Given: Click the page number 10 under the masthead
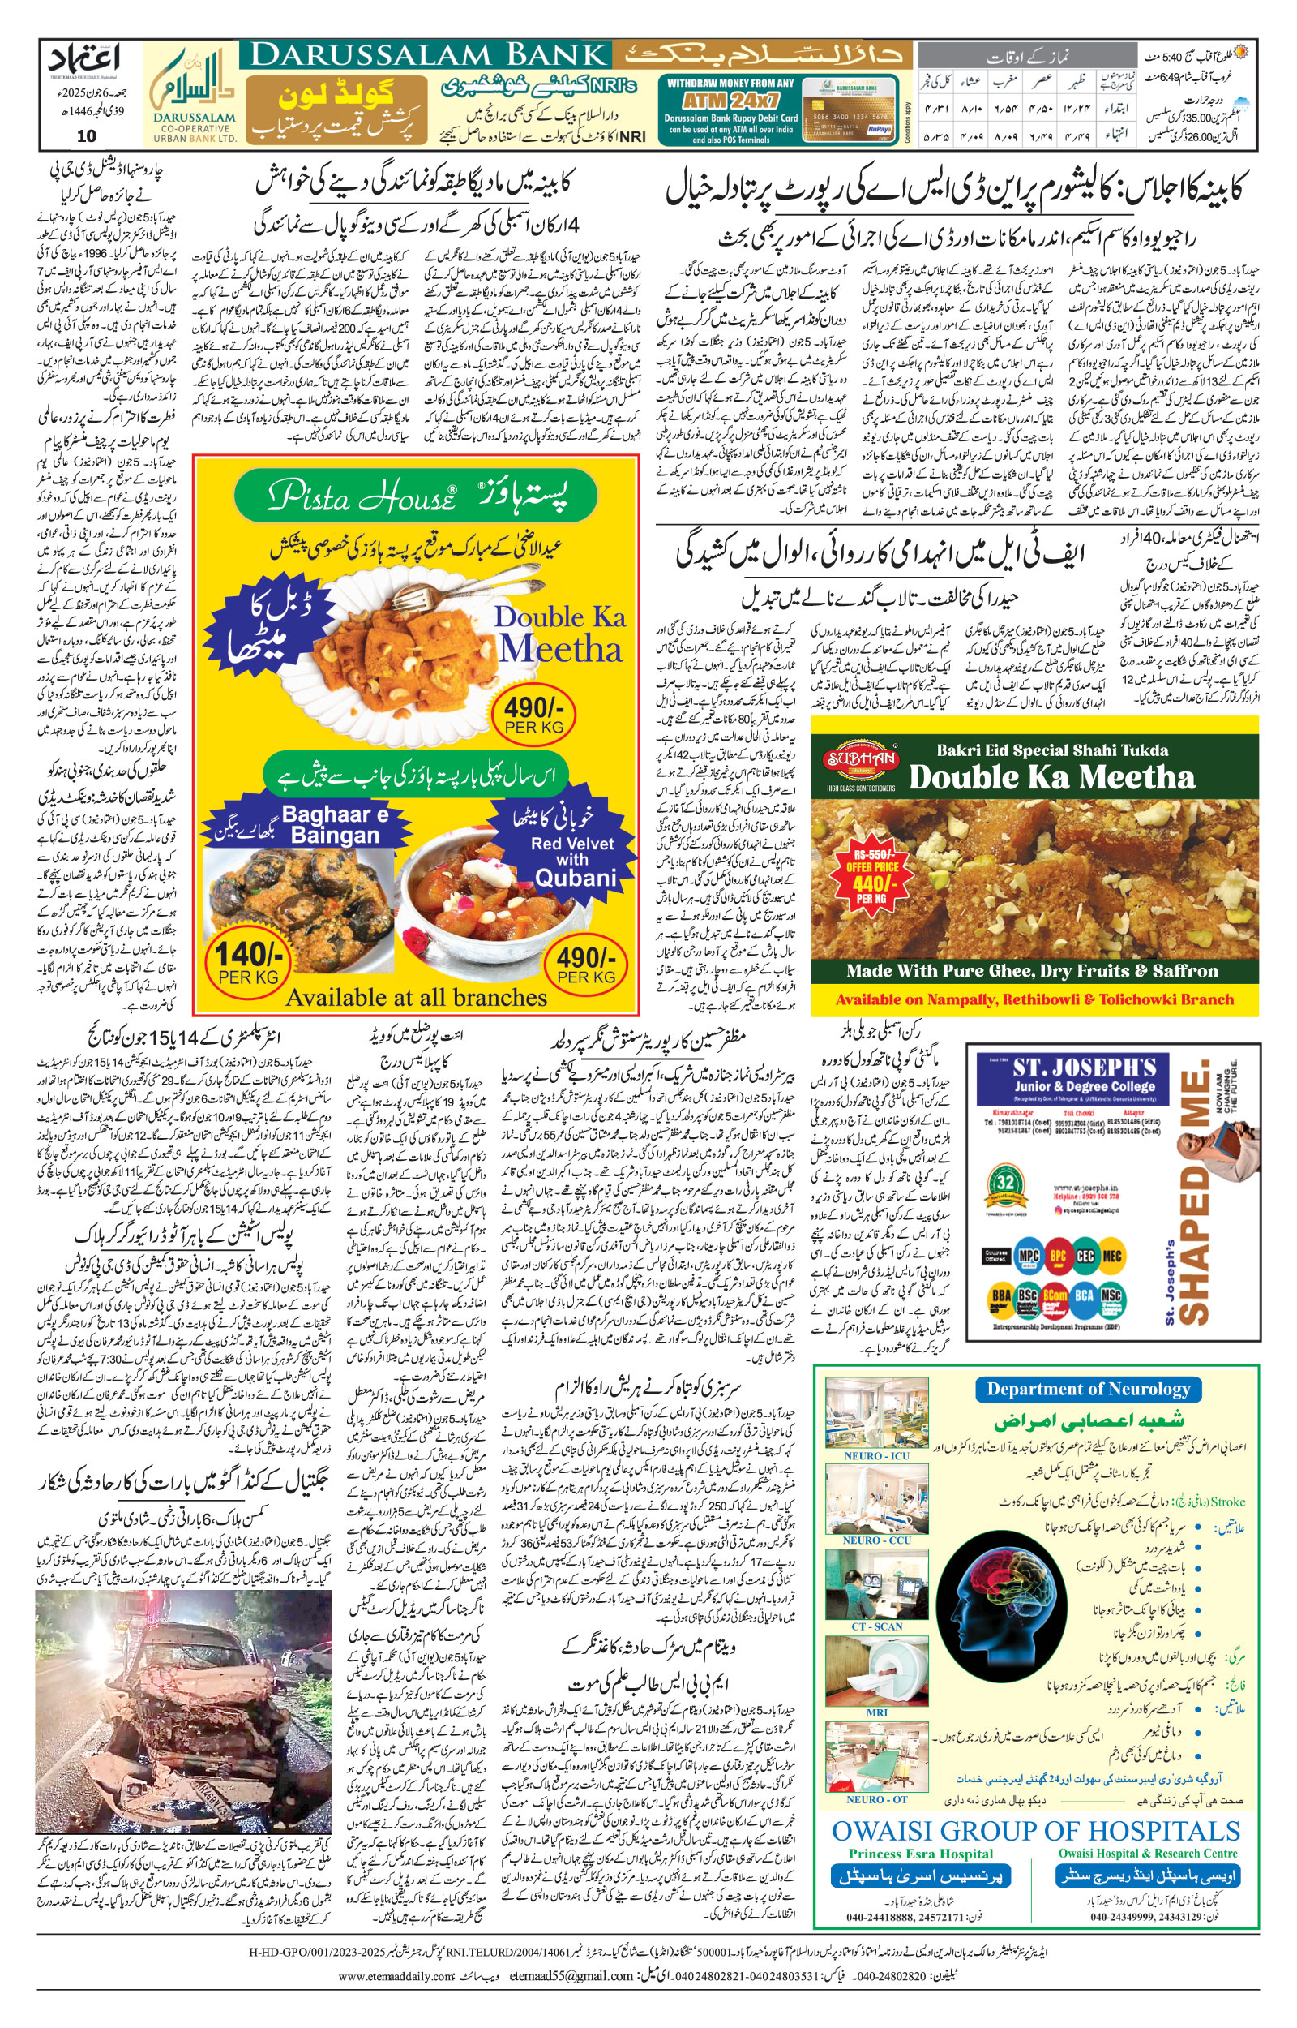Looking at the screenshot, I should click(86, 135).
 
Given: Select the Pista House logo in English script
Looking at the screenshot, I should click(362, 497).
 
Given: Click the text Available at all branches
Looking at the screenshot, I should click(416, 998).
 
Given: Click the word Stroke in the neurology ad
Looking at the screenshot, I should click(1227, 1502).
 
